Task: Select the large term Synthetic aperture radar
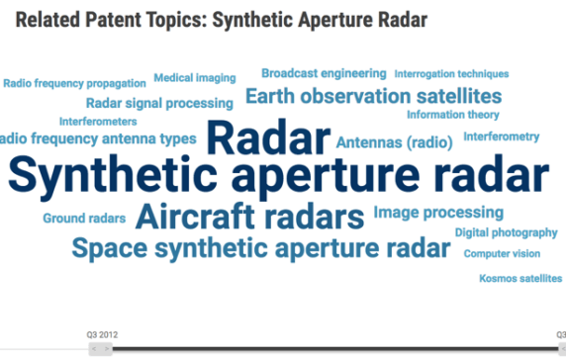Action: [278, 176]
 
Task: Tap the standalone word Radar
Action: [268, 138]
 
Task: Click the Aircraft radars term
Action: [249, 215]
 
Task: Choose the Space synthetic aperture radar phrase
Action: [259, 247]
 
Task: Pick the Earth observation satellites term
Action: [373, 96]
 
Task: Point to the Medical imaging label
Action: [194, 78]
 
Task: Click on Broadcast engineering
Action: [324, 73]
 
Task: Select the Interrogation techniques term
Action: [451, 74]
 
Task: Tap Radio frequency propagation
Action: [74, 84]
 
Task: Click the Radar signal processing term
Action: [159, 103]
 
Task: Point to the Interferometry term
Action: [501, 136]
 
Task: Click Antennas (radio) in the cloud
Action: [394, 143]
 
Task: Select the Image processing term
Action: [438, 213]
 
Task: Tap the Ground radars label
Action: [84, 219]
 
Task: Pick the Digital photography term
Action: [506, 233]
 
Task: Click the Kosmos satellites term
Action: [520, 279]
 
